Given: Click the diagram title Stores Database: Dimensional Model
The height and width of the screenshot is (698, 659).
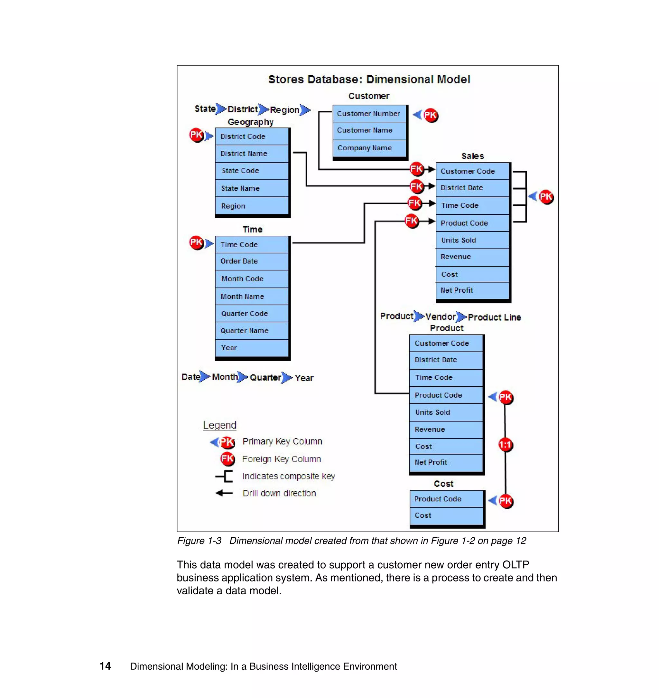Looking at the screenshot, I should [369, 80].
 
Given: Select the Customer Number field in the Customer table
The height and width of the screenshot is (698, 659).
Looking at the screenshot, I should [369, 114].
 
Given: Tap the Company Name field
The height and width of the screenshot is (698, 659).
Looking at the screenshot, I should [369, 148].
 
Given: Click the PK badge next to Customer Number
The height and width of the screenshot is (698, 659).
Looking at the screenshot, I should [430, 115].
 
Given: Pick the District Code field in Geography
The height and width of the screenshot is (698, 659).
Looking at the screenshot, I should [252, 137].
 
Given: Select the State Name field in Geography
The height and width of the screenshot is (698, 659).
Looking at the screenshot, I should [252, 188].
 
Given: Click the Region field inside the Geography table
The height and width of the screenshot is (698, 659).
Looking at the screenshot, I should [252, 206].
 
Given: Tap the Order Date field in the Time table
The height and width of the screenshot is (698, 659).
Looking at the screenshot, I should [252, 261].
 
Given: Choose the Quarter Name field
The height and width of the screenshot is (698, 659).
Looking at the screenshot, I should [252, 331].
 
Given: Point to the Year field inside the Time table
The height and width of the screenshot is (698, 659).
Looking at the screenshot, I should [252, 348].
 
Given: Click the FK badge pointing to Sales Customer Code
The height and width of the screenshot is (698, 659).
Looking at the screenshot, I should [417, 169].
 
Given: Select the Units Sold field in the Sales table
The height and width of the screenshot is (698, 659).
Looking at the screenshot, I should [472, 240].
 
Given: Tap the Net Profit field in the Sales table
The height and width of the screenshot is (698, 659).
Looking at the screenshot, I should [472, 290].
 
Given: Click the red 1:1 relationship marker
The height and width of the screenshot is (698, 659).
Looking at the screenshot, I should [506, 445].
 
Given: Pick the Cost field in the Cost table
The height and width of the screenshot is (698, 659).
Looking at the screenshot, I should [446, 515].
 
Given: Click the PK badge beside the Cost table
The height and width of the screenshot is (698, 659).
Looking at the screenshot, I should [506, 501].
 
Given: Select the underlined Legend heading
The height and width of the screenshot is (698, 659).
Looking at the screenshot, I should [219, 425].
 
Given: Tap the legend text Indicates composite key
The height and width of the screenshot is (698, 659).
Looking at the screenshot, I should [288, 476].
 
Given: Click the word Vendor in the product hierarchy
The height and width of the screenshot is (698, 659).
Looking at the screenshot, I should [440, 317].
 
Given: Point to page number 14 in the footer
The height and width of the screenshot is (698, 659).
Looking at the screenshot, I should [105, 666].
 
